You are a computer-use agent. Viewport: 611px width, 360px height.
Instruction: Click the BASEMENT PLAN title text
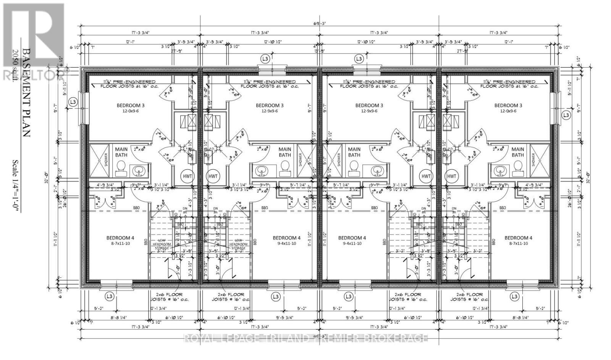[26, 92]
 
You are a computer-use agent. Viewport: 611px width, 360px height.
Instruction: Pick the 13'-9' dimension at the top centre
[319, 51]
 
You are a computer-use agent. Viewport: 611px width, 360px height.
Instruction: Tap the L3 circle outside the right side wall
[566, 115]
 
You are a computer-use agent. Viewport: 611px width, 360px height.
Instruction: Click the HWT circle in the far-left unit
[187, 176]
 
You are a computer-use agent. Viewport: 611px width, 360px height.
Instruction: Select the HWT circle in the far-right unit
[452, 176]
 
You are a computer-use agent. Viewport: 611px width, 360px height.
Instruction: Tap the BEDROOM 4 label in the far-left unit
[120, 238]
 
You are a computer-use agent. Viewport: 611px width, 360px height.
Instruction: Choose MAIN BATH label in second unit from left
[284, 152]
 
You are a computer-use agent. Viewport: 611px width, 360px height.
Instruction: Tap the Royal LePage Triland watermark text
[305, 338]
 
